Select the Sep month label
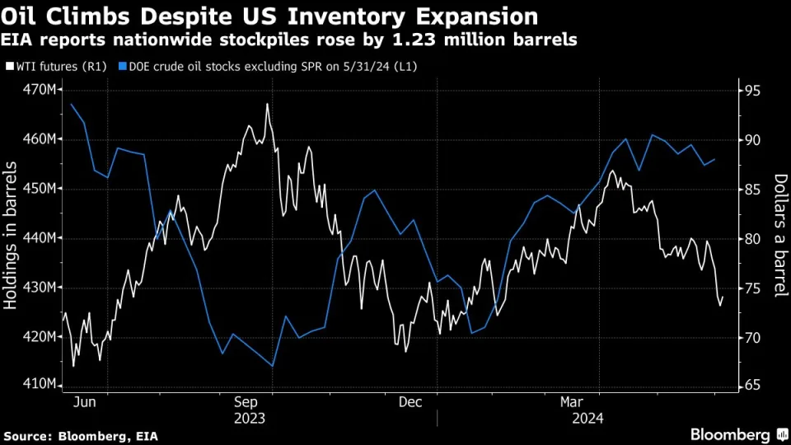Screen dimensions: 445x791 249,402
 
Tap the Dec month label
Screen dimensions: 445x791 411,402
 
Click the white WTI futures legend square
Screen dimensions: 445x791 7,66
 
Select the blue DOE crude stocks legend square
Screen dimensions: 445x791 122,66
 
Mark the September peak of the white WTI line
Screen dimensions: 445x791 268,105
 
